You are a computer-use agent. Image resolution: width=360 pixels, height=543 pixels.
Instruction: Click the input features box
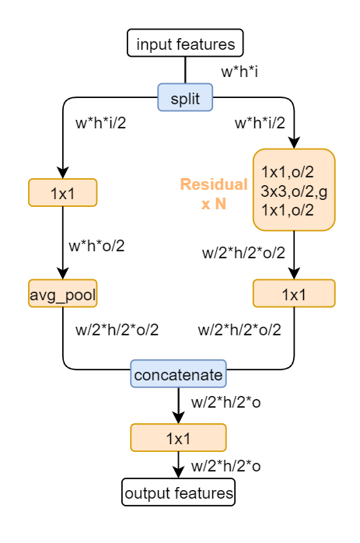[x=185, y=43]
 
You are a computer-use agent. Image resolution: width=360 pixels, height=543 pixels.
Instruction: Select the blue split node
[x=185, y=97]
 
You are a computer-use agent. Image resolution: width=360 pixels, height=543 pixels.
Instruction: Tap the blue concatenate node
[x=178, y=375]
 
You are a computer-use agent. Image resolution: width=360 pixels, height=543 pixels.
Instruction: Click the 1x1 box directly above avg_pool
[x=62, y=192]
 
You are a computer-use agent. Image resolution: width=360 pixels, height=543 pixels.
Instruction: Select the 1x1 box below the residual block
[x=294, y=293]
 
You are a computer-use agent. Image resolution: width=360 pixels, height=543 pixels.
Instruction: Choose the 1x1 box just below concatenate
[x=178, y=437]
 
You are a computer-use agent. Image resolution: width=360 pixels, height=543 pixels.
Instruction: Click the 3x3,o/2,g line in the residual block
[x=294, y=190]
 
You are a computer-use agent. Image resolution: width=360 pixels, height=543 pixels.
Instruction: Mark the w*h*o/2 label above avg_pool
[x=96, y=246]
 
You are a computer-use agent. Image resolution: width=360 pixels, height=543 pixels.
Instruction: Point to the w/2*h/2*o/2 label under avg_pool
[x=117, y=329]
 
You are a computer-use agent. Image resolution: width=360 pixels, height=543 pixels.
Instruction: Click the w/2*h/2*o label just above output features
[x=225, y=466]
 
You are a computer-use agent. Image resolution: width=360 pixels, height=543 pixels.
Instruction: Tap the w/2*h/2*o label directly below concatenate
[x=225, y=405]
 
